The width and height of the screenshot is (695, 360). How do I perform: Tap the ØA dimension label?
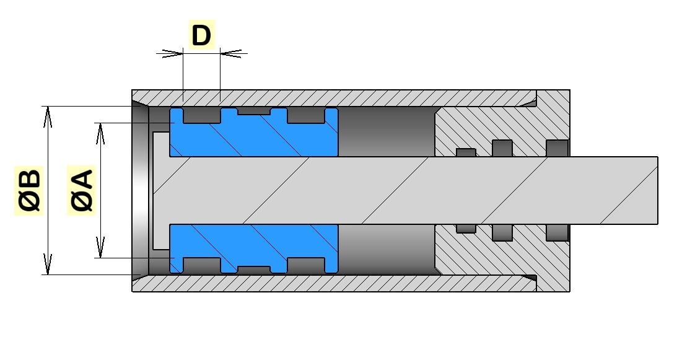click(81, 191)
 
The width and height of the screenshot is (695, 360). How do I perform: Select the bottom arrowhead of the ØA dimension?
click(100, 251)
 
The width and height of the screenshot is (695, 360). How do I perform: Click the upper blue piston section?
click(254, 138)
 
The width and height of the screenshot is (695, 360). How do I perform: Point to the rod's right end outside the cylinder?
click(644, 190)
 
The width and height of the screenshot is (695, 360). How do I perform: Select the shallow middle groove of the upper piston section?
click(254, 112)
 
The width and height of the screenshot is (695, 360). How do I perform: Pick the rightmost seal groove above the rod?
click(557, 147)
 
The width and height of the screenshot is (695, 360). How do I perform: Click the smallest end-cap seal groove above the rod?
click(466, 152)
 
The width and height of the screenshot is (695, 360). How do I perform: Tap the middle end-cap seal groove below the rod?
click(502, 232)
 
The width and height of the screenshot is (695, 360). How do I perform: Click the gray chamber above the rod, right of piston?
click(386, 132)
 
